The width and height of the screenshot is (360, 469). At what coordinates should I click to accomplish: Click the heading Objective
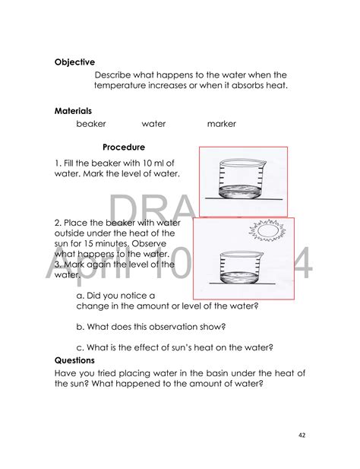click(x=74, y=62)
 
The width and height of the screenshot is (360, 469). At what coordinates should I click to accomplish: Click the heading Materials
click(x=73, y=110)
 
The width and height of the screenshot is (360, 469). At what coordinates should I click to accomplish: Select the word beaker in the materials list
click(x=91, y=124)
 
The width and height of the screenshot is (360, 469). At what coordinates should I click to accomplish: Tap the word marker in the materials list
click(x=221, y=124)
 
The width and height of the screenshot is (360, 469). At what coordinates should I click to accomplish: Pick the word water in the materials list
click(x=153, y=124)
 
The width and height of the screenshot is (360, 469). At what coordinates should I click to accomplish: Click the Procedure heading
click(x=123, y=147)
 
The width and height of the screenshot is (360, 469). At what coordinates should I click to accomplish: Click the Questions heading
click(x=75, y=360)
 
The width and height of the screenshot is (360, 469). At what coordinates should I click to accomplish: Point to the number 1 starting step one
click(x=57, y=163)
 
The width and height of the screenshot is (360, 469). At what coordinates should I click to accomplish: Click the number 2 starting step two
click(x=57, y=222)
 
